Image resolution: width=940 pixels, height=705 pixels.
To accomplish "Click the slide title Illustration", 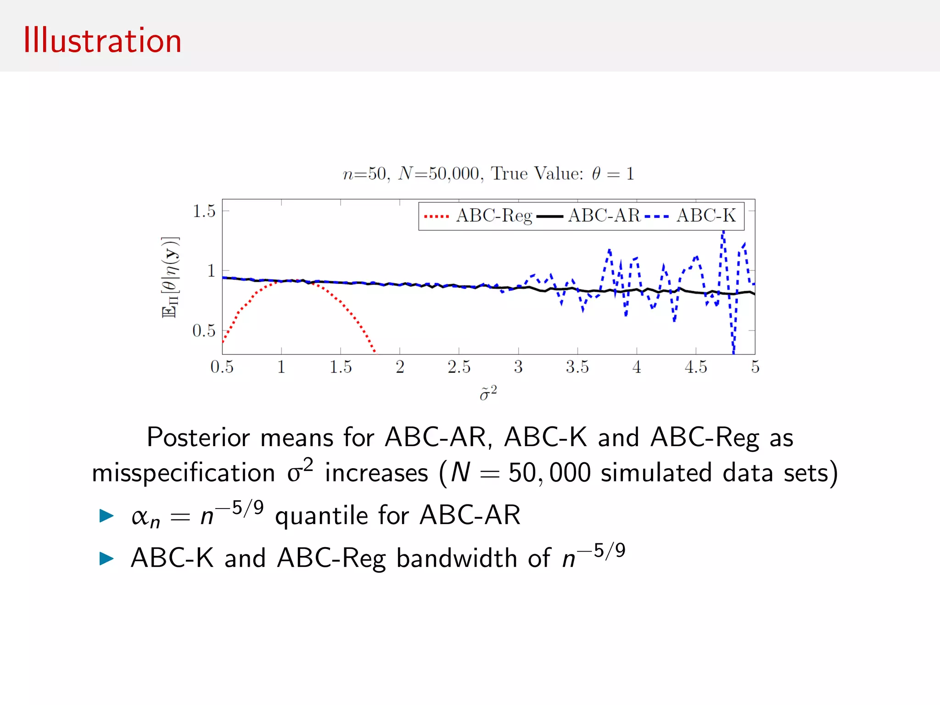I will [x=102, y=41].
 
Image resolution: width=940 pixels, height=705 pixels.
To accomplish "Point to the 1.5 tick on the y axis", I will [x=204, y=211].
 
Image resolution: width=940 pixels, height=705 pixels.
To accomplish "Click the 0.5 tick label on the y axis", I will [x=204, y=330].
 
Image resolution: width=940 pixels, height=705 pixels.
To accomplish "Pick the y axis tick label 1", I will [x=211, y=271].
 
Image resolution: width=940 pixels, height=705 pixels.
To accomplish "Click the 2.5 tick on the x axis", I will [x=459, y=367].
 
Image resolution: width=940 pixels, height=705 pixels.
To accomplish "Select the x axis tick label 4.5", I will [x=695, y=367].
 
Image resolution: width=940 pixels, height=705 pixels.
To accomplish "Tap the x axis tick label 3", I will [x=518, y=367].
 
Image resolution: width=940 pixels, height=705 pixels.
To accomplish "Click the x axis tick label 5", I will [x=755, y=367].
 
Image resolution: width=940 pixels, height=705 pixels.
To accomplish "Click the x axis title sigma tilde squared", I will [x=488, y=394].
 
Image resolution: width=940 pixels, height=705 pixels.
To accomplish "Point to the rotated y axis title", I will [x=170, y=277].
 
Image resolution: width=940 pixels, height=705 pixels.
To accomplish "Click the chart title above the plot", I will [x=488, y=173].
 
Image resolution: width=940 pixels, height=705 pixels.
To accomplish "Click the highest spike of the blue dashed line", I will [x=723, y=232].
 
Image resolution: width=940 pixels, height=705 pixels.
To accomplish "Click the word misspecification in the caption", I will [x=183, y=473].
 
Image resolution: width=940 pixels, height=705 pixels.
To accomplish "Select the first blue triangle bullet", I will [x=106, y=515].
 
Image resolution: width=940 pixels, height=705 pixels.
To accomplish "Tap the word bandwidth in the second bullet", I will [x=456, y=558].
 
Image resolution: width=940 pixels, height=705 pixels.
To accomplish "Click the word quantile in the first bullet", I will [x=321, y=515].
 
